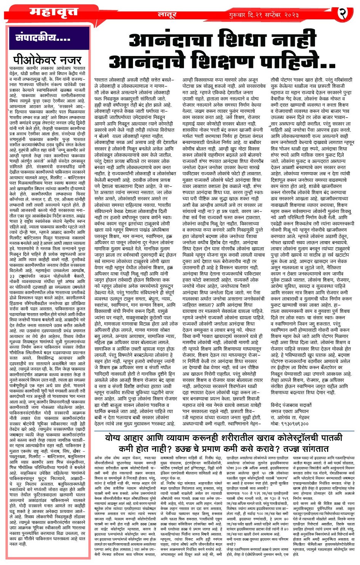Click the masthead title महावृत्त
click(54, 13)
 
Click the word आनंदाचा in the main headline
click(171, 42)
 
